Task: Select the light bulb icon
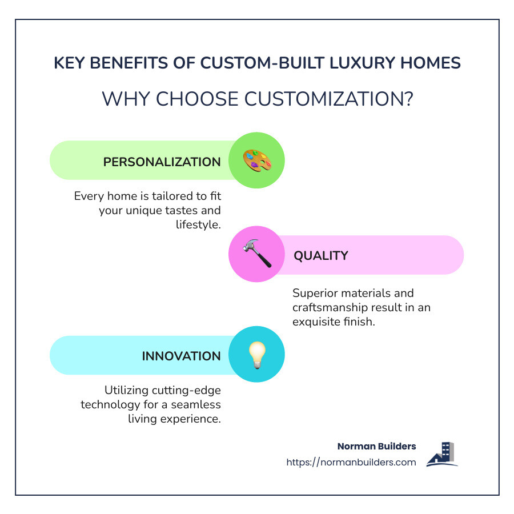[x=257, y=355]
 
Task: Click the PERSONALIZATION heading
[x=162, y=162]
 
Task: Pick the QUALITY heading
[x=320, y=255]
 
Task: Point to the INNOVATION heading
[x=181, y=356]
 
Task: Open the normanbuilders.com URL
[x=351, y=462]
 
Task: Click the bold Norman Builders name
[x=376, y=446]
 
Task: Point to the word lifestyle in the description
[x=198, y=225]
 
